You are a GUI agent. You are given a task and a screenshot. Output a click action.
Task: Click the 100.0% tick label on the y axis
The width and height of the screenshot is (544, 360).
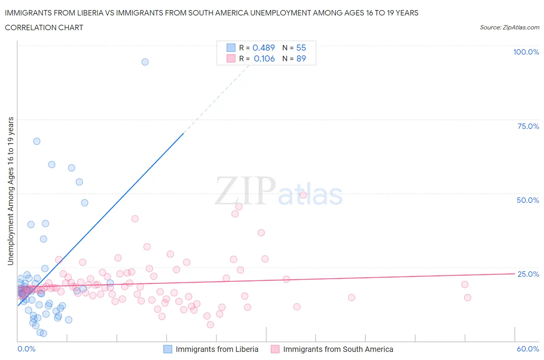[526, 52]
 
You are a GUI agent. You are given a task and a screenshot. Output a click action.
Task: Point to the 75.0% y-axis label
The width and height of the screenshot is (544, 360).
[528, 126]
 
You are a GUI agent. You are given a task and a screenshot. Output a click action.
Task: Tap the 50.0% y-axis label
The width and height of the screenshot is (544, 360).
[528, 200]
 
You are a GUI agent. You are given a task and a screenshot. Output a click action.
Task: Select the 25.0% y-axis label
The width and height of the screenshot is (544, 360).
[528, 274]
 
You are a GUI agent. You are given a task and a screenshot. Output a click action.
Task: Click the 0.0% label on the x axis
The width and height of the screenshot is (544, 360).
[26, 349]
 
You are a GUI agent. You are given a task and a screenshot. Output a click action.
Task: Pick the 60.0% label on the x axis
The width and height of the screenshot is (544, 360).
[528, 349]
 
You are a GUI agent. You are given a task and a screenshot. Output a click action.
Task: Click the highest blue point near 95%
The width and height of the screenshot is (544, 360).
[145, 62]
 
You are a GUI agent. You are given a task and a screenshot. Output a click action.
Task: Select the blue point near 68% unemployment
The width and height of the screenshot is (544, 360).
[37, 141]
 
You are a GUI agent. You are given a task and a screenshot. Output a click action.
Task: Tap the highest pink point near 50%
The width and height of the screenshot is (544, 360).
[303, 195]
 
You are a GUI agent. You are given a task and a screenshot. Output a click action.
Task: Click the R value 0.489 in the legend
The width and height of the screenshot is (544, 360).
[263, 48]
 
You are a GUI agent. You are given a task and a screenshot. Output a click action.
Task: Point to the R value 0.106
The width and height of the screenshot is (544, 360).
[264, 58]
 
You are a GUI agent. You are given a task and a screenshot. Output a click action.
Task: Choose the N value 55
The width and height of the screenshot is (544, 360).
[301, 48]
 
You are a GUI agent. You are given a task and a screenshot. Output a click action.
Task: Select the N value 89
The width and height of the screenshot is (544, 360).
[301, 58]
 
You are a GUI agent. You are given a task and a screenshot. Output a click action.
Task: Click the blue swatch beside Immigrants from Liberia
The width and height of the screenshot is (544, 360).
[168, 349]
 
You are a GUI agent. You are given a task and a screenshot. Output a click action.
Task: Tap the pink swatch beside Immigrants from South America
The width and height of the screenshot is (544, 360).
[275, 349]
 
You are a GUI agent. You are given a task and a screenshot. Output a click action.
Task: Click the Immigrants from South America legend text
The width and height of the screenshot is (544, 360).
[338, 349]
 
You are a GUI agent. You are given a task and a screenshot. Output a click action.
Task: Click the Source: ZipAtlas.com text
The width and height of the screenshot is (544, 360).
[509, 27]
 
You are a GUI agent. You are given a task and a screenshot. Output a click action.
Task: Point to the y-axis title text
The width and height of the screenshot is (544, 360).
[10, 191]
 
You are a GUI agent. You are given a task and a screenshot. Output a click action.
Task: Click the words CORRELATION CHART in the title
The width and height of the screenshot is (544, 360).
[44, 27]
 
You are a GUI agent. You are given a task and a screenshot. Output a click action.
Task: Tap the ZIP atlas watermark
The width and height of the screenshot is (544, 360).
[279, 191]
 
